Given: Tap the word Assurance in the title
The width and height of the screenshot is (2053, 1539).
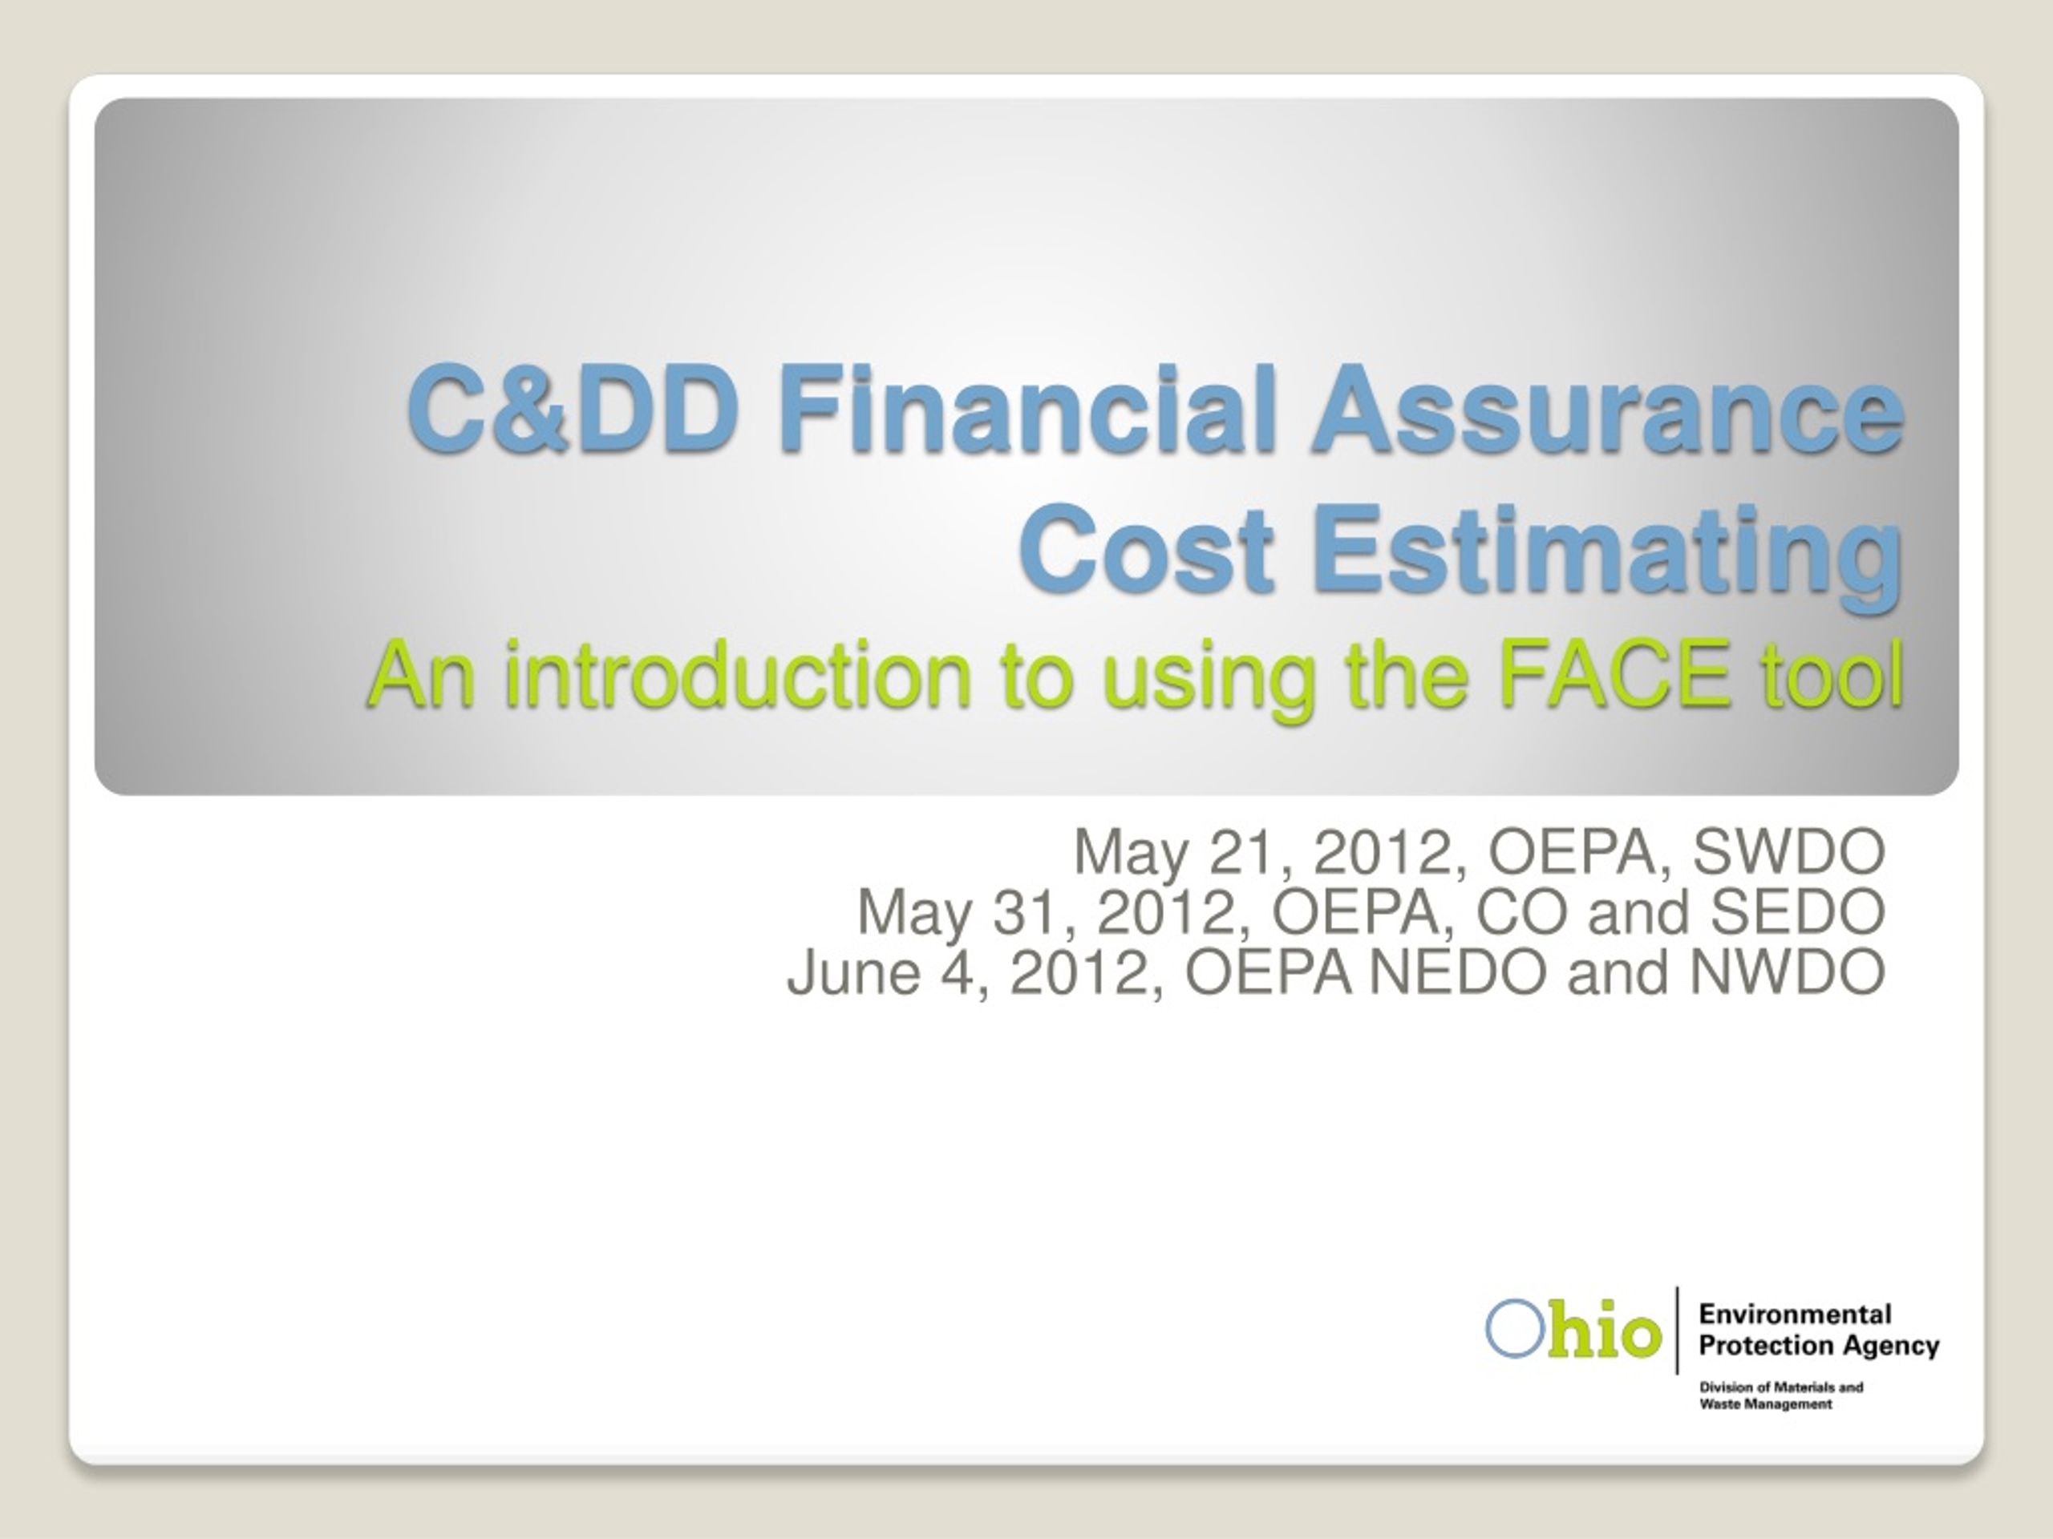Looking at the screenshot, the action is tap(1606, 408).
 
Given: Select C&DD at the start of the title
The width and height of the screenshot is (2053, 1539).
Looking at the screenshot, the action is tap(576, 408).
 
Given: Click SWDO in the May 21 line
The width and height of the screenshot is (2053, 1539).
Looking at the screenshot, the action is tap(1788, 850).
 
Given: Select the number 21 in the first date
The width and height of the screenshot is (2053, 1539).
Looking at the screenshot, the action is tap(1243, 850).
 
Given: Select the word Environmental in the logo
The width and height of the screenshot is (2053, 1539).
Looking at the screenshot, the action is tap(1795, 1314).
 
